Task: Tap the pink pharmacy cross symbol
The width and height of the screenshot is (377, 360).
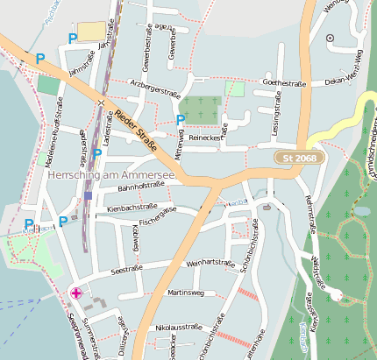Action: pyautogui.click(x=76, y=293)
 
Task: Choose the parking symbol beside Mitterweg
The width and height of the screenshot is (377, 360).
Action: pyautogui.click(x=181, y=120)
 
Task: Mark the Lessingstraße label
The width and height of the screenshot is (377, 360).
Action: pyautogui.click(x=276, y=121)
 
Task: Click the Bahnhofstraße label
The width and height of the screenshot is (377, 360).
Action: pyautogui.click(x=142, y=187)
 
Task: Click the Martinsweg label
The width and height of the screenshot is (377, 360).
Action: pyautogui.click(x=185, y=292)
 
